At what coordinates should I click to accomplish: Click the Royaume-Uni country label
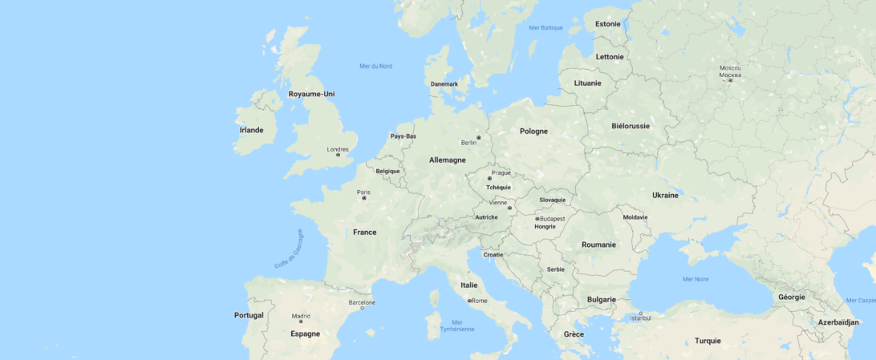[x=311, y=94]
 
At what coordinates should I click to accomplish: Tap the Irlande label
[x=251, y=130]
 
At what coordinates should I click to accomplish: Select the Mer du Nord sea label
[x=376, y=66]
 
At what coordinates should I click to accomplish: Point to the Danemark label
[x=444, y=84]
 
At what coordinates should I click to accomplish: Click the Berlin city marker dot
[x=479, y=137]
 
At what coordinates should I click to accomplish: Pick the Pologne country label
[x=533, y=131]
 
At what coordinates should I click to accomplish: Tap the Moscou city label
[x=730, y=68]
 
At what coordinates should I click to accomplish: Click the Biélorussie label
[x=631, y=126]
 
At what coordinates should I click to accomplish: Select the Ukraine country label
[x=665, y=195]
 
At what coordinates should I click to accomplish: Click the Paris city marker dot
[x=364, y=198]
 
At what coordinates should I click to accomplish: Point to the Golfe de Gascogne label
[x=289, y=249]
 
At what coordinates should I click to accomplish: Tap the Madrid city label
[x=301, y=316]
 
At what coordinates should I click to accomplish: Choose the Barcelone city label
[x=362, y=302]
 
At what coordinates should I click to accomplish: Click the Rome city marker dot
[x=469, y=301]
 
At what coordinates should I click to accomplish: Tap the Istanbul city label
[x=640, y=318]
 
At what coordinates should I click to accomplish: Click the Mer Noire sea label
[x=696, y=279]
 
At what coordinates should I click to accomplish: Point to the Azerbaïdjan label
[x=838, y=322]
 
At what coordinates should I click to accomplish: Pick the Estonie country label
[x=608, y=23]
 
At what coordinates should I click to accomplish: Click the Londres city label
[x=338, y=149]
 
